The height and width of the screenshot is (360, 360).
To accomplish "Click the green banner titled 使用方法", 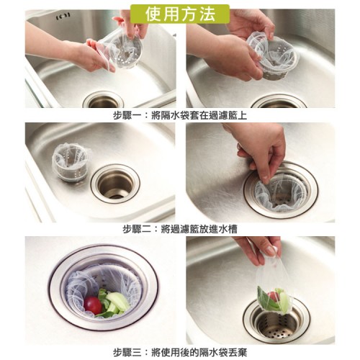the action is point(180,14).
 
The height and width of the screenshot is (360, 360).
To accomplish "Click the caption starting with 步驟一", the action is point(180,115).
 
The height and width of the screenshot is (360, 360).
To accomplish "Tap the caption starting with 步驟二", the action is point(180,229).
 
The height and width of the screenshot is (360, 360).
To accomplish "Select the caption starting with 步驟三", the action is point(180,352).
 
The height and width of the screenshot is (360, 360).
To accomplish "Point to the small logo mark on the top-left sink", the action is point(63,16).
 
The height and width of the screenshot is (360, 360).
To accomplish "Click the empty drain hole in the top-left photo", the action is point(103,102).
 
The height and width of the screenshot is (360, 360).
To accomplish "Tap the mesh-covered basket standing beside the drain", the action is point(71,162).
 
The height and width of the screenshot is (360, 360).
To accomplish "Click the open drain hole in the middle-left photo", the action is point(115,184).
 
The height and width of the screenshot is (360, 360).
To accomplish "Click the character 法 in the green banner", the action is point(206,14).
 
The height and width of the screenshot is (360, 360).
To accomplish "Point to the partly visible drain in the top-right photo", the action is point(279,102).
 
